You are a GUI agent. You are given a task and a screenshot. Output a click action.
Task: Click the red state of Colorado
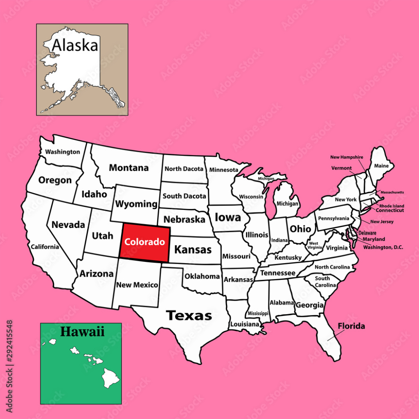145,242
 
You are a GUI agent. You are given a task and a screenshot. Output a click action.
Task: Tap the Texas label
189,315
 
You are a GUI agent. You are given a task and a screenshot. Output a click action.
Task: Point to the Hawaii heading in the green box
82,331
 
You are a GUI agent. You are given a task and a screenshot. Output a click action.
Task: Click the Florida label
351,326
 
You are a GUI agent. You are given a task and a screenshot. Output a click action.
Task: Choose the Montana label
128,168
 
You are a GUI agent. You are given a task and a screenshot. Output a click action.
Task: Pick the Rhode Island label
392,206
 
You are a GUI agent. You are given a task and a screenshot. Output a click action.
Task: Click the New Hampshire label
347,157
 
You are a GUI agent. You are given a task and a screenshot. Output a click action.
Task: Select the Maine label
381,166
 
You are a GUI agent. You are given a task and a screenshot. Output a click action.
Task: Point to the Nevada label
68,225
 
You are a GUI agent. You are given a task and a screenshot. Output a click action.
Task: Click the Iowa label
228,217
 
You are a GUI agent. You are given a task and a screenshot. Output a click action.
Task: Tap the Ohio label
301,228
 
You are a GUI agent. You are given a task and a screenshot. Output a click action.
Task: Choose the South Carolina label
322,282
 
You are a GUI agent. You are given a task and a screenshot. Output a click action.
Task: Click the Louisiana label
245,324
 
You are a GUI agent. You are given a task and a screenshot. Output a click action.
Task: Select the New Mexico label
137,285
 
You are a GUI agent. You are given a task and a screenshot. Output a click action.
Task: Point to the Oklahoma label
202,276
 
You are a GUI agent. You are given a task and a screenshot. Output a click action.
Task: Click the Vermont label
341,168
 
